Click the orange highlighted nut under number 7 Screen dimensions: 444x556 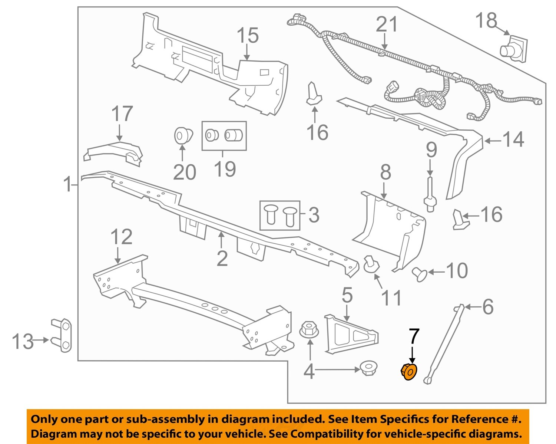409,372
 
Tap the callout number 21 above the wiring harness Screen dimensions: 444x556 387,24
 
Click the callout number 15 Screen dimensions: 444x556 248,36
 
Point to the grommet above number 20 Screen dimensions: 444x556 183,135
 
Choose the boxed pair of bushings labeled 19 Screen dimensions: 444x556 224,135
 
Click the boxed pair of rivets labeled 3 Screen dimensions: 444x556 279,216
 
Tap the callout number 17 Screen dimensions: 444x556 122,114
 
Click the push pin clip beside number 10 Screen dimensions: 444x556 420,274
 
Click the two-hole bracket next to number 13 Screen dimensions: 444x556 62,335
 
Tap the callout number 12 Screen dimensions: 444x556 121,237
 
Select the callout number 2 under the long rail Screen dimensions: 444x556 222,259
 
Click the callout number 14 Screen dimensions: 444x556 513,140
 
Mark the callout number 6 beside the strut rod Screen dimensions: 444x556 487,307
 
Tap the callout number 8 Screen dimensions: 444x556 385,172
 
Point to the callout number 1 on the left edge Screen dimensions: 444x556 67,184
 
